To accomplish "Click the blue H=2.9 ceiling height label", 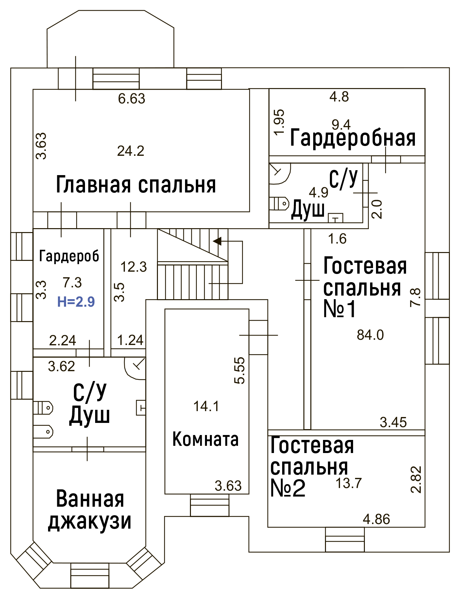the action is click(x=76, y=301).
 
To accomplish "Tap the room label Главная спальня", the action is click(x=136, y=185).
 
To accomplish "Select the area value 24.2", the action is click(x=131, y=151).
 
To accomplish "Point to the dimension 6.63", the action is click(x=131, y=99).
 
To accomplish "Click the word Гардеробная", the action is click(x=353, y=138).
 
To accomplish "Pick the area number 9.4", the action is click(x=341, y=124).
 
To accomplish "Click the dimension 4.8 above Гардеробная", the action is click(x=339, y=97).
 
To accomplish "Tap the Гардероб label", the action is click(x=69, y=256).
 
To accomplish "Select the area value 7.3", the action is click(x=72, y=282).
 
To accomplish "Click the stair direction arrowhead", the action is click(x=217, y=241).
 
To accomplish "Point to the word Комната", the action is click(x=205, y=439).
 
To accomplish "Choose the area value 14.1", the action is click(x=206, y=406).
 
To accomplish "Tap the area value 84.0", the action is click(x=370, y=335).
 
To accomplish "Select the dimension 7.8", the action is click(x=415, y=297).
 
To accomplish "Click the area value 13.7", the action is click(x=349, y=483).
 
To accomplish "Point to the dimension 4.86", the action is click(x=377, y=519).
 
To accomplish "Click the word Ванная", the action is click(x=90, y=499).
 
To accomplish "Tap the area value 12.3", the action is click(x=134, y=267).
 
